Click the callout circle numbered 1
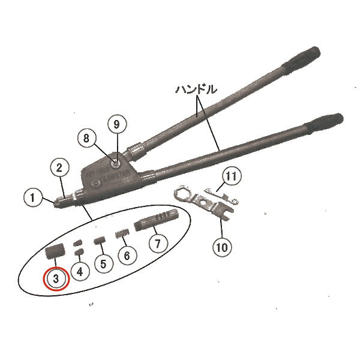33,197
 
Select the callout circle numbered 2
59,168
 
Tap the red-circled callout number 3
56,279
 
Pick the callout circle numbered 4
80,272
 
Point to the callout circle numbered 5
104,264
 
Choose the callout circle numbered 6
127,256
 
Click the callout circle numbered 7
158,244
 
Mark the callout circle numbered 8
86,139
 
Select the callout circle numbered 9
117,124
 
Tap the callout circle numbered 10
222,247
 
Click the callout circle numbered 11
232,176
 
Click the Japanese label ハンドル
196,89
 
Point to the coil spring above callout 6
122,234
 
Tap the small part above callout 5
100,241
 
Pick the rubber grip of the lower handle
324,124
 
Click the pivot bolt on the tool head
116,164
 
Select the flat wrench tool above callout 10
203,202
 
